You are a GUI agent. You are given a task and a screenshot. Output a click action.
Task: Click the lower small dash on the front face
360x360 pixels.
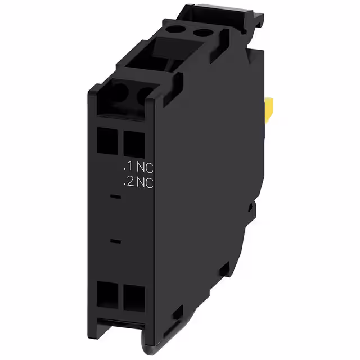pyautogui.click(x=115, y=242)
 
